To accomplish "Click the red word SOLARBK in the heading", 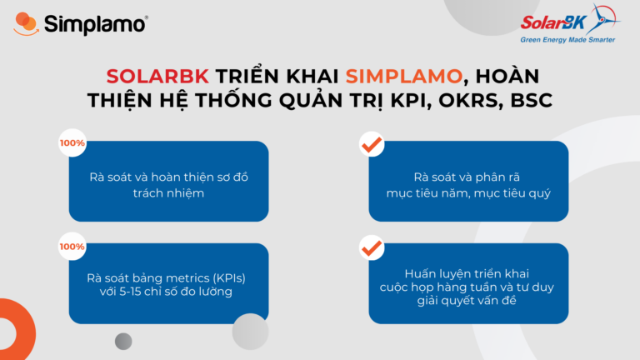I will pos(157,76).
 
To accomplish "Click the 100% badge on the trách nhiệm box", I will pos(72,143).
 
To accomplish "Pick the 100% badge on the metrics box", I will pos(72,247).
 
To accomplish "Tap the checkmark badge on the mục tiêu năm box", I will pos(371,144).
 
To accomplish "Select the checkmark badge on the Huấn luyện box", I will pos(371,247).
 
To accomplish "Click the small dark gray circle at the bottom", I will pos(123,341).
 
